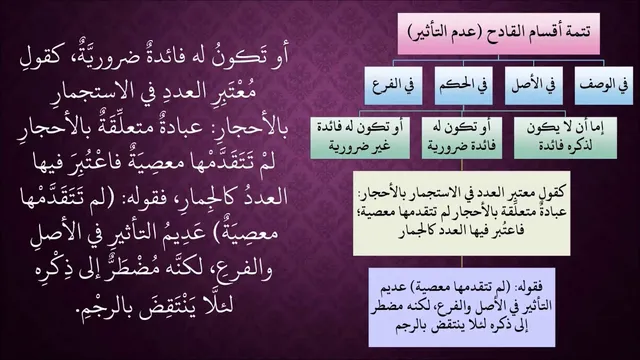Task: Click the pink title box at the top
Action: [x=498, y=33]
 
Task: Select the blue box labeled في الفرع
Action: [x=393, y=86]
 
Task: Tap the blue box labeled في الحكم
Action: [x=463, y=86]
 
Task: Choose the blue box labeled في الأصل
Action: [x=533, y=86]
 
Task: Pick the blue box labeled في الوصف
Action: [x=604, y=86]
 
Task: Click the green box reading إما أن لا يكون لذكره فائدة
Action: [x=565, y=138]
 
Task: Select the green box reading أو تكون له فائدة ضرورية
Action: [x=462, y=138]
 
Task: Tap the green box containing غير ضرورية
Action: [x=360, y=138]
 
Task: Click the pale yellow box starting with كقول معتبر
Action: [x=462, y=213]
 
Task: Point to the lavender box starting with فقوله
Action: [x=462, y=307]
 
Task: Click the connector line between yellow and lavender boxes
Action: [x=462, y=262]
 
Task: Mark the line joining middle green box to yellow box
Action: [x=462, y=165]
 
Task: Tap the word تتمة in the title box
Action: [x=578, y=32]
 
